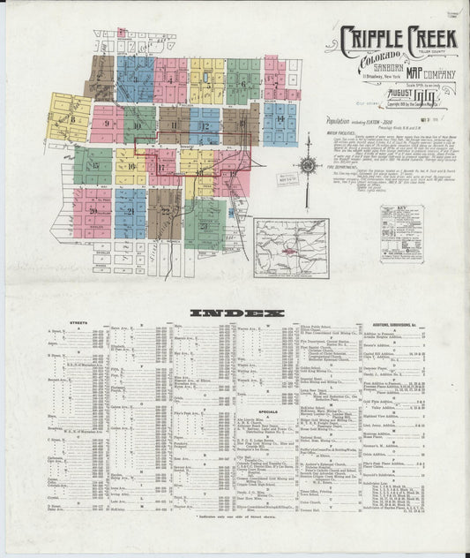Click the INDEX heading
pos(235,313)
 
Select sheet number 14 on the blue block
pos(280,117)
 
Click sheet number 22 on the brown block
pos(165,212)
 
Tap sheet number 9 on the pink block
pos(107,124)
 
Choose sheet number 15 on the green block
pos(93,164)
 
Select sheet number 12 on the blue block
pos(205,125)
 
